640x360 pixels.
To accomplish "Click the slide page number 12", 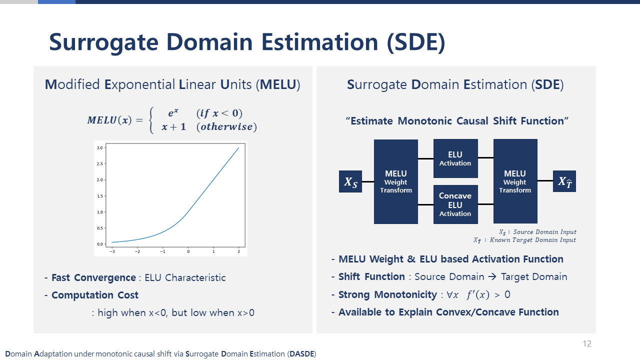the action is tap(587, 343).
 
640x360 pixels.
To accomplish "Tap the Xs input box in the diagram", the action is tap(350, 181).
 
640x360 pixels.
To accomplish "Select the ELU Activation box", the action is tap(455, 158).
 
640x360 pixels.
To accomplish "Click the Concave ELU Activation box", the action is tap(455, 204).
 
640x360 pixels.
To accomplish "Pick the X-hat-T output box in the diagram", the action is tap(564, 181).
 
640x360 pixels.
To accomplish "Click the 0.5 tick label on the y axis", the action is tap(99, 228).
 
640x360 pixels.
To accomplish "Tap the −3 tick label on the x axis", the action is tap(112, 251).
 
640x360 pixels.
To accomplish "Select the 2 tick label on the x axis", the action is tap(239, 251).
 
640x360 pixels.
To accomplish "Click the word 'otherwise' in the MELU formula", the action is tap(226, 126).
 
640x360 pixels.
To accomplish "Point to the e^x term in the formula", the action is tap(173, 113).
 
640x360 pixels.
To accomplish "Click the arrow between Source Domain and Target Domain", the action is tap(492, 276).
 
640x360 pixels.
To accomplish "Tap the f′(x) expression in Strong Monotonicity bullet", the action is tap(477, 294).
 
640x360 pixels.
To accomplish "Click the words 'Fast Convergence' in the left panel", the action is tap(93, 277).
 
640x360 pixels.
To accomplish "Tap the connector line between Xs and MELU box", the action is tap(368, 181).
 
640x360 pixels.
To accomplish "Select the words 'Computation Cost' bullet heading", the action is tap(95, 295).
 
